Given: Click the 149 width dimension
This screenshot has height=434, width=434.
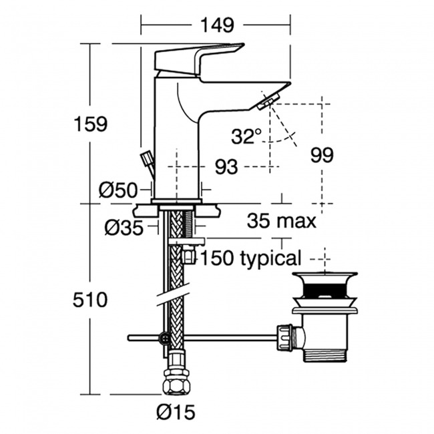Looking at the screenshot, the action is tap(217, 25).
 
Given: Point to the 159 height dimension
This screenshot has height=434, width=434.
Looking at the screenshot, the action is tap(91, 124).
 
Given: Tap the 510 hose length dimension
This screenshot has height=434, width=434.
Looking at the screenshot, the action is tap(90, 300).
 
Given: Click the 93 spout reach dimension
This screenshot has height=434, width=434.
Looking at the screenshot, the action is tap(226, 167).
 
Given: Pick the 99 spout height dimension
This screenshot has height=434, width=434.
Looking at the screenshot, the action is tap(322, 155).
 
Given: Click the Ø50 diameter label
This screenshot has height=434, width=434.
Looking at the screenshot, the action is tap(118, 190).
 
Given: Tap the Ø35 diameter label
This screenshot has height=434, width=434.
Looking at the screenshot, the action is tap(124, 228).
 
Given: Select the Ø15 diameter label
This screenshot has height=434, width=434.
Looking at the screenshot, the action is tap(176, 412).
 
